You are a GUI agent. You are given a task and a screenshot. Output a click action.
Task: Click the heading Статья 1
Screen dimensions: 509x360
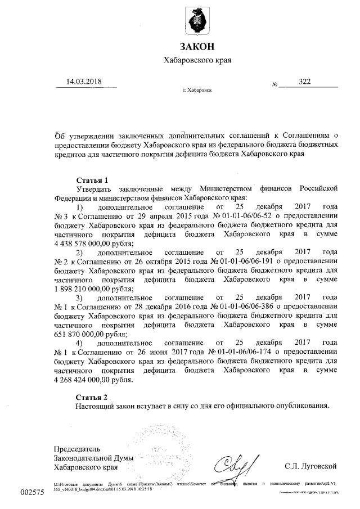[92, 180]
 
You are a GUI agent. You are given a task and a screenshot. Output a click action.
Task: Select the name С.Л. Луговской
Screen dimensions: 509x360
[311, 466]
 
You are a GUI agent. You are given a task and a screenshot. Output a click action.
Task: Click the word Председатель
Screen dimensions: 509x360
[76, 449]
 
